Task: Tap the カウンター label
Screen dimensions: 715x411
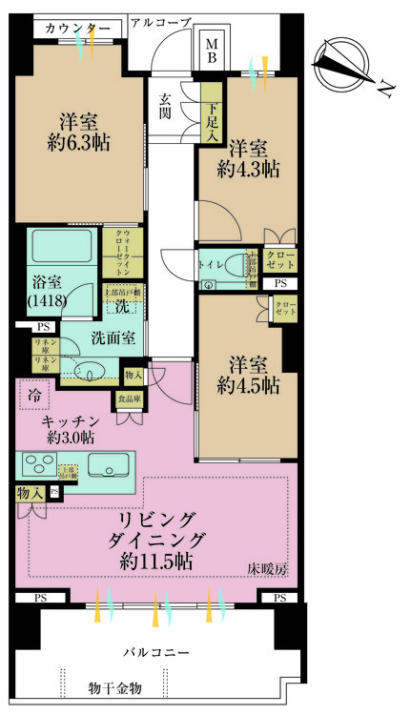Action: (78, 28)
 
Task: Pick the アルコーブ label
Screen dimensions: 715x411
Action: (160, 21)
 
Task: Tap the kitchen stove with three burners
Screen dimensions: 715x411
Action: (43, 464)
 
